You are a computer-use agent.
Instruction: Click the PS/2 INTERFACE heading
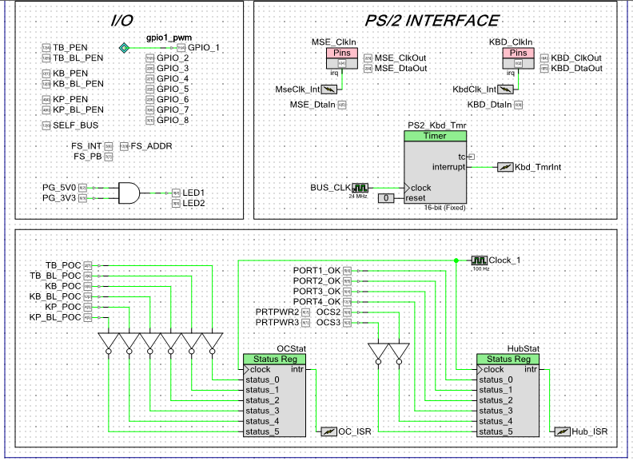[x=432, y=21]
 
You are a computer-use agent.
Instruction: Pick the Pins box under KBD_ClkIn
[x=520, y=53]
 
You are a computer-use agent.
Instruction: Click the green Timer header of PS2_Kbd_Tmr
[x=435, y=136]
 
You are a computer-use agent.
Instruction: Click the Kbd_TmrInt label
[x=538, y=166]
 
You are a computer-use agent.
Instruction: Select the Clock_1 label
[x=505, y=260]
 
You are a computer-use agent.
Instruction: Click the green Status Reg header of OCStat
[x=273, y=359]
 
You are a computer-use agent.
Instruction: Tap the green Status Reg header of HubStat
[x=507, y=359]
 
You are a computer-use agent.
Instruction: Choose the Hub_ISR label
[x=590, y=431]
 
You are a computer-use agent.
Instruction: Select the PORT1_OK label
[x=316, y=271]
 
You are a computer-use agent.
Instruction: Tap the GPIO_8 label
[x=173, y=120]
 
